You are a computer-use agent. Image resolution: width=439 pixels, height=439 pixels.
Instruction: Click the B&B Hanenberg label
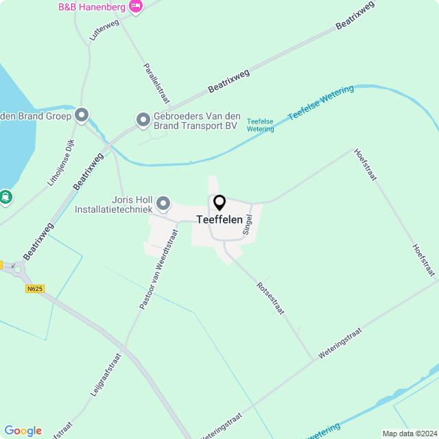point(91,7)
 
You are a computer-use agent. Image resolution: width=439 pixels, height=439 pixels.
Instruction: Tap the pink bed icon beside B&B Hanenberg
point(136,6)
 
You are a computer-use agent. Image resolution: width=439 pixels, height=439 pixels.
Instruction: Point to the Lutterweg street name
point(104,29)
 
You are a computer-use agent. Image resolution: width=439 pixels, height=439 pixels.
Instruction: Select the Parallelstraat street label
point(156,83)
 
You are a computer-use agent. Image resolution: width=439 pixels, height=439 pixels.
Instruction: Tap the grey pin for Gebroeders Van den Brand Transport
point(143,120)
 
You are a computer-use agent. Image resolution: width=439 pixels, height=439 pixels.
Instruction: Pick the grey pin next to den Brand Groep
point(82,115)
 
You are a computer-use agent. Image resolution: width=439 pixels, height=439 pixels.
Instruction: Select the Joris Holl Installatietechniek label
point(112,204)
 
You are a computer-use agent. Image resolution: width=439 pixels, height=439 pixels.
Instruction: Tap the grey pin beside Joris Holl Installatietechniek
point(163,203)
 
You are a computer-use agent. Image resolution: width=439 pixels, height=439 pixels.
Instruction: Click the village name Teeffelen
point(219,219)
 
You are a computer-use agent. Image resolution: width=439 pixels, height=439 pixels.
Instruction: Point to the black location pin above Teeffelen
point(219,202)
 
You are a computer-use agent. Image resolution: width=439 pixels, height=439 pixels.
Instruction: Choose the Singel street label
point(248,224)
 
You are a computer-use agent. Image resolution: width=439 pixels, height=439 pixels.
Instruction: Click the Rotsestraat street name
point(270,298)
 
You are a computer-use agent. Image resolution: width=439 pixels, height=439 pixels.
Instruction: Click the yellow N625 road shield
point(35,289)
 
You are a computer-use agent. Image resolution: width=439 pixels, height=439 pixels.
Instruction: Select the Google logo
point(23,431)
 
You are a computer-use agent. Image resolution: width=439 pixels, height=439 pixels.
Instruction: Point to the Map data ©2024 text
point(409,434)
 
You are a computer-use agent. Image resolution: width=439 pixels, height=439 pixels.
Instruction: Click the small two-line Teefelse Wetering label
point(260,125)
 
